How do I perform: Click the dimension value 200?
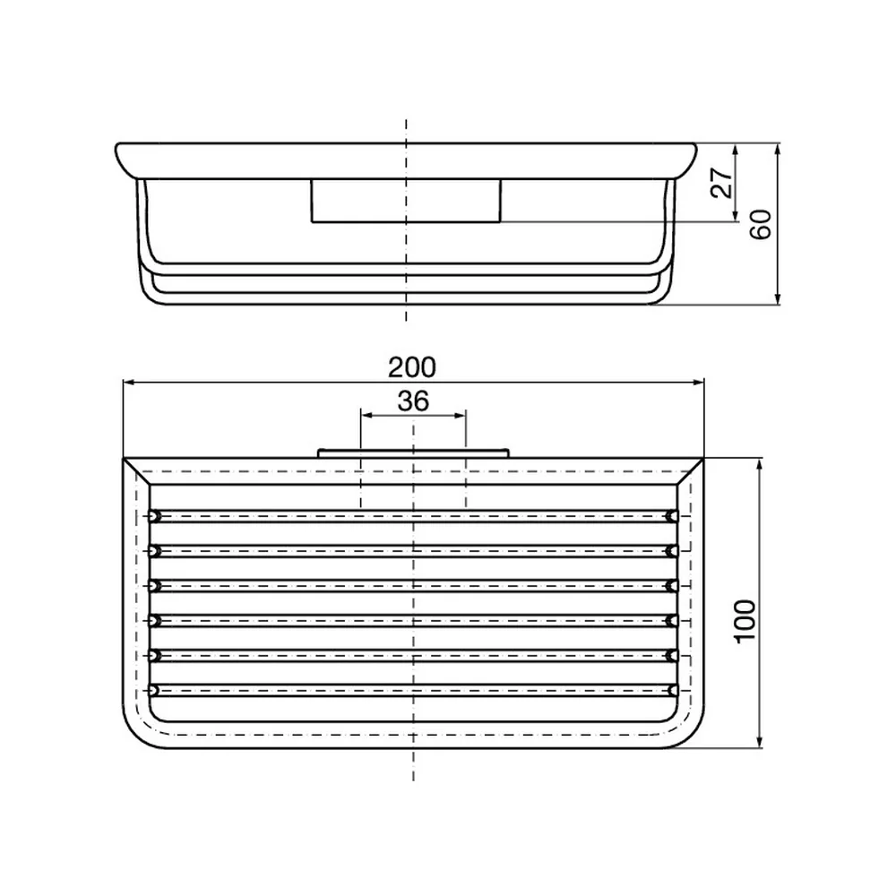[x=412, y=367]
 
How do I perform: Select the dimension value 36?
[x=413, y=401]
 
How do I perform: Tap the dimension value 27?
[x=722, y=182]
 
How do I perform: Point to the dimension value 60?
[x=761, y=224]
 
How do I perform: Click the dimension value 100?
[x=745, y=622]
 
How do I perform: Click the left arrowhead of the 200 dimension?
[x=128, y=383]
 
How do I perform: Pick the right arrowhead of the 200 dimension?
[x=698, y=383]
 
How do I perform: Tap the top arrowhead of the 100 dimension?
[x=760, y=464]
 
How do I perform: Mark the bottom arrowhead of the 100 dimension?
[x=760, y=742]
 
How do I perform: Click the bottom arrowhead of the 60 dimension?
[x=777, y=298]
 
